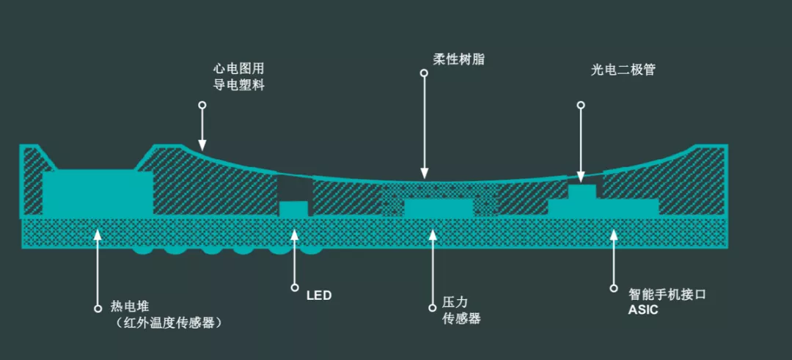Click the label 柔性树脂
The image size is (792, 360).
coord(458,59)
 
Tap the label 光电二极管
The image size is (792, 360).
coord(623,70)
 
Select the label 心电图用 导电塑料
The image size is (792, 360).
coord(239,77)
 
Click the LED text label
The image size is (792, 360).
coord(319,295)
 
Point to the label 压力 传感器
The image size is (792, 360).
coord(461,311)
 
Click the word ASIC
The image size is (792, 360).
coord(643,310)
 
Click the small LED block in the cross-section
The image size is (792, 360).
coord(293,209)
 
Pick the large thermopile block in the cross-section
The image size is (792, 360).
coord(98,194)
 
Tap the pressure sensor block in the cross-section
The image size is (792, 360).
coord(439,208)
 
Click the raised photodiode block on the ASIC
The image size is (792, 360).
coord(582,192)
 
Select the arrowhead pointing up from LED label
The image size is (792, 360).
coord(295,234)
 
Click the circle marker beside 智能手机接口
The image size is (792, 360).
coord(614,288)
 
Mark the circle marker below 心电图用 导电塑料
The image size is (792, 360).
coord(202,105)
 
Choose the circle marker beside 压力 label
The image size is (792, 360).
coord(432,307)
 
